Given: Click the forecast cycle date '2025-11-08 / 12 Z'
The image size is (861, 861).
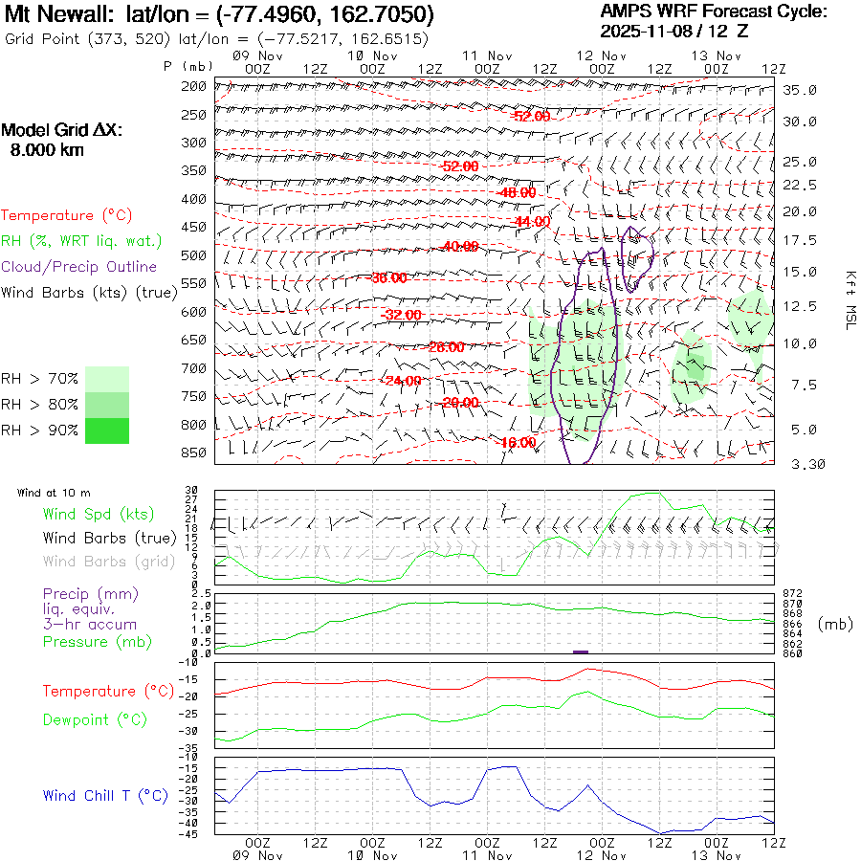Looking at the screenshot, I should (x=674, y=31).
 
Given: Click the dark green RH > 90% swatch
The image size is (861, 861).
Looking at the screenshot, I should (x=106, y=430).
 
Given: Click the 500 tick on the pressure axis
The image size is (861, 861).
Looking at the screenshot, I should (x=194, y=255).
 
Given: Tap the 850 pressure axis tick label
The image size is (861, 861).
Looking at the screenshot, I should (x=194, y=453).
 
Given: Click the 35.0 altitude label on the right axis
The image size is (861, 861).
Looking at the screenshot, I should (x=800, y=90).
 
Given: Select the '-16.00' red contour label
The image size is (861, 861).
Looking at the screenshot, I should (x=518, y=443).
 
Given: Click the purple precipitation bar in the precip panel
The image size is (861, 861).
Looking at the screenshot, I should (x=580, y=651).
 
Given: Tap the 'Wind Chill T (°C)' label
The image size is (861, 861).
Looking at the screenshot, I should (x=105, y=795).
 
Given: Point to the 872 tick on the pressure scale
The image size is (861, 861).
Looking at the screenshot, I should (x=791, y=594).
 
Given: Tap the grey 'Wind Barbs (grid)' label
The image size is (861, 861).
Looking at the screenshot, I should (x=97, y=561).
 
